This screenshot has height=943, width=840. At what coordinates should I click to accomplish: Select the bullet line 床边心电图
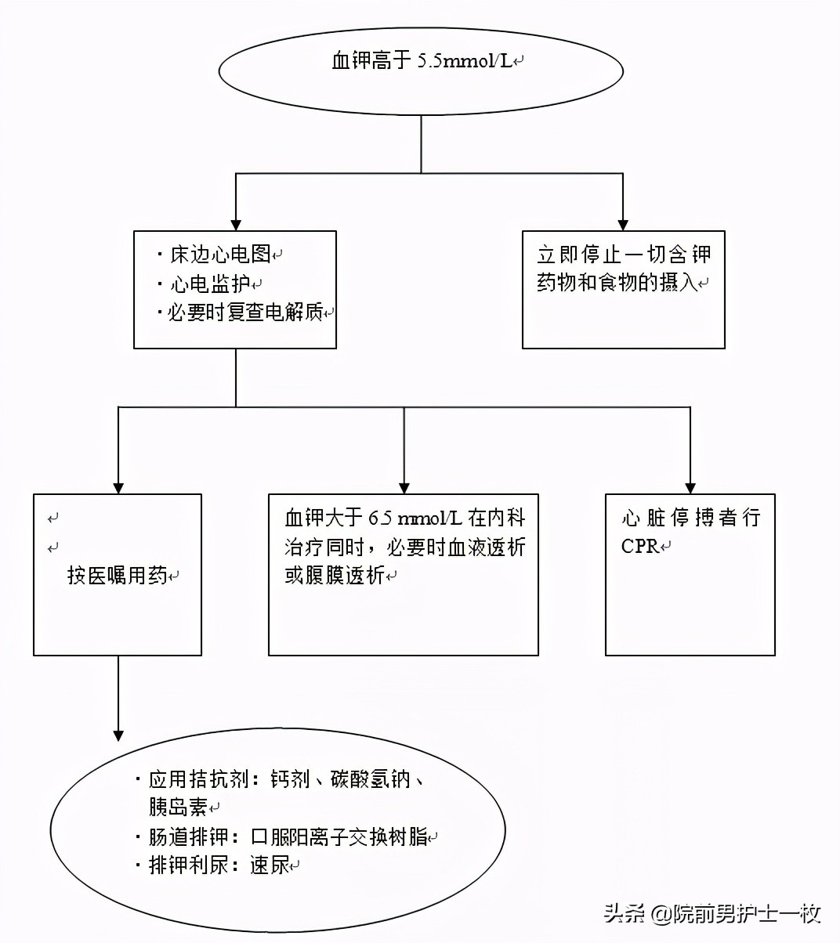(220, 255)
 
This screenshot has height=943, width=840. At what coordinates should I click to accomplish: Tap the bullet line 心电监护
(211, 284)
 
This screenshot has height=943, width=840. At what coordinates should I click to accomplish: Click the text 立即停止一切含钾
(624, 255)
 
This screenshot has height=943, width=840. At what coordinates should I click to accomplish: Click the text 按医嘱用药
(118, 576)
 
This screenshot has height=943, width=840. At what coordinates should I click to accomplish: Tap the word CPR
(640, 547)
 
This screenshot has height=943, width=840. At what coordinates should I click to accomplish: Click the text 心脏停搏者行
(690, 518)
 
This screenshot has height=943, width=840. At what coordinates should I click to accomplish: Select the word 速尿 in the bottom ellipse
(270, 865)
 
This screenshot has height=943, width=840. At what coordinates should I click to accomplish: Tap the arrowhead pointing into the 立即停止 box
(624, 223)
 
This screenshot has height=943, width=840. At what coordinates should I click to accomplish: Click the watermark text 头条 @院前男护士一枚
(711, 913)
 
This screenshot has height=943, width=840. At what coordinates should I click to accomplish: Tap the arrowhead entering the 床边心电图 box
(236, 223)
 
